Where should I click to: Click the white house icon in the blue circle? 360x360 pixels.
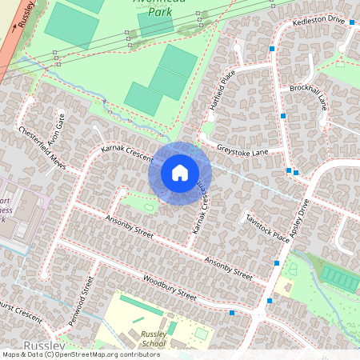click(180, 172)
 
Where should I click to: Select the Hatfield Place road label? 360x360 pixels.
click(222, 87)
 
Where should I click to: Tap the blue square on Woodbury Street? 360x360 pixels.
click(232, 313)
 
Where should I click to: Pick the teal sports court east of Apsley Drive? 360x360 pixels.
click(341, 278)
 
